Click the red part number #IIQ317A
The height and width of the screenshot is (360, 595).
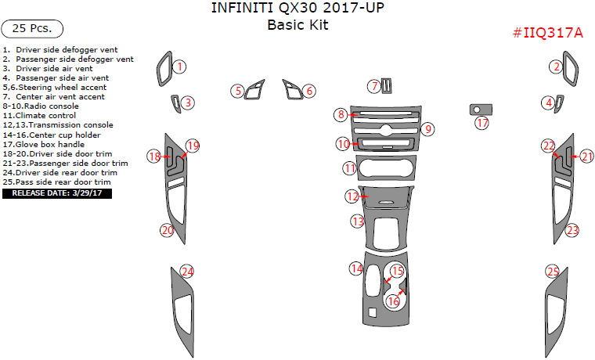[547, 33]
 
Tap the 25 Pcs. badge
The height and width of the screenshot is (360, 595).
[32, 29]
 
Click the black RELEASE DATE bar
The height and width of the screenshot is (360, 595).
[57, 193]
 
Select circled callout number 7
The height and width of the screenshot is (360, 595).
[374, 86]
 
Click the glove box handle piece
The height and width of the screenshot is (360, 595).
[481, 110]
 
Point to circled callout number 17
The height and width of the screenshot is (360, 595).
[482, 123]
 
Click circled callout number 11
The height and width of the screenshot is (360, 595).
[349, 168]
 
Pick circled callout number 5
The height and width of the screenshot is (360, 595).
[238, 91]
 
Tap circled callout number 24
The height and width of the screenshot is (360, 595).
[187, 272]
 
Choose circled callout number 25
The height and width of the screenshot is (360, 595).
[553, 272]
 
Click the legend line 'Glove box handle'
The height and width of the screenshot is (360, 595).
[44, 145]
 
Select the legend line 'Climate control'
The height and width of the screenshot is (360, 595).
[39, 116]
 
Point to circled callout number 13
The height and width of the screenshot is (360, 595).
[358, 221]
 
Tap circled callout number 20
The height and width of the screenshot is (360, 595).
[168, 230]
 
